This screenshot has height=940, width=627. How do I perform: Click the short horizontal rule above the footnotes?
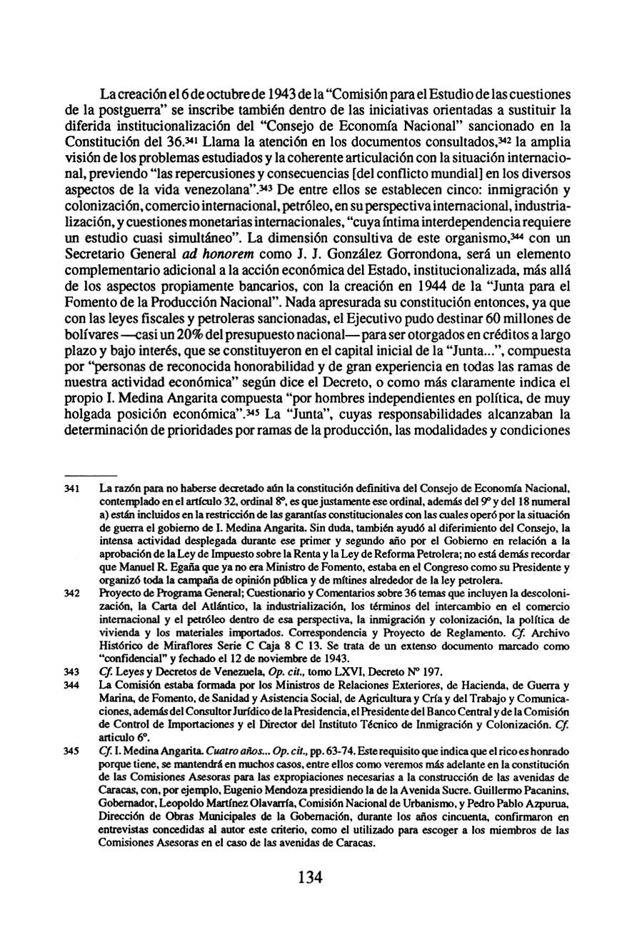click(91, 474)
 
